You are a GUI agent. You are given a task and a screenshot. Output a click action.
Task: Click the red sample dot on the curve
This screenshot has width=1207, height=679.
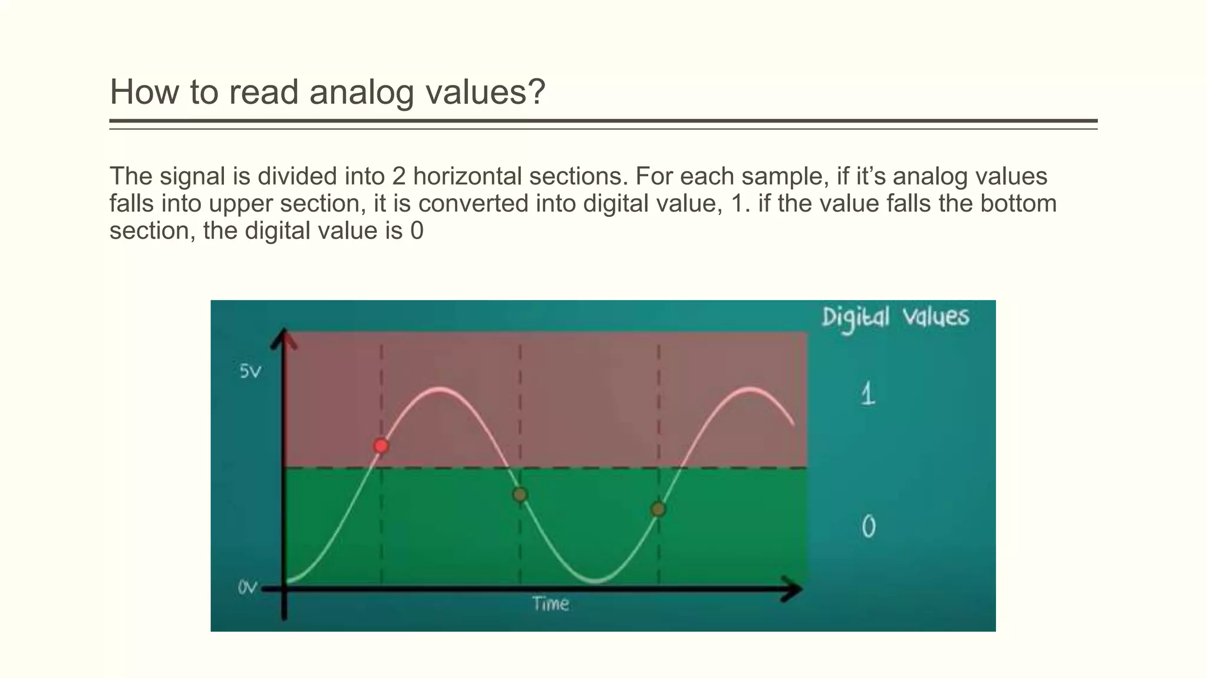381,446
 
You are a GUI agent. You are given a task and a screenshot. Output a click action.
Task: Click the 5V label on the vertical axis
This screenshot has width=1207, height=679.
250,372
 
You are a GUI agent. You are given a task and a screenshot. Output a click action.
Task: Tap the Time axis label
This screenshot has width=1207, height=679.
550,604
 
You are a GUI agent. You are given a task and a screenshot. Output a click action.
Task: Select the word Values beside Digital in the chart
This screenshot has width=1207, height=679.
936,317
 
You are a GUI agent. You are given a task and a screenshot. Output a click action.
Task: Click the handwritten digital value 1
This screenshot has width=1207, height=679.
868,394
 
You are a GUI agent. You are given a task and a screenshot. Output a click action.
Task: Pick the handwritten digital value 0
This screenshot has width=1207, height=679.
869,526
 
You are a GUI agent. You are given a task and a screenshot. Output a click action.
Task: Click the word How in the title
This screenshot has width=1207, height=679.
144,93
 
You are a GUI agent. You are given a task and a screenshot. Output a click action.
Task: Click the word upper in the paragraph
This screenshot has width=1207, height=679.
242,205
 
